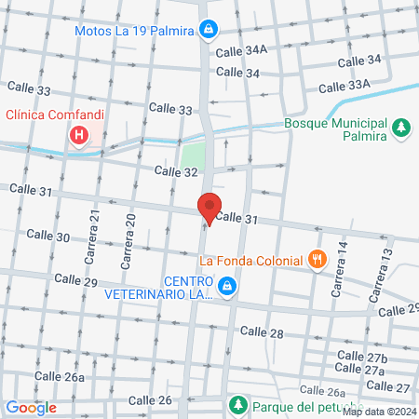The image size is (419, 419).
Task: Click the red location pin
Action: click(x=209, y=209)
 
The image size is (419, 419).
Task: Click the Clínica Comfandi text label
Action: click(x=55, y=115)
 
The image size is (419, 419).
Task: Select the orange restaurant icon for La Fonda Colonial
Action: click(x=318, y=260)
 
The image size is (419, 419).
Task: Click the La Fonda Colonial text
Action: click(x=252, y=260)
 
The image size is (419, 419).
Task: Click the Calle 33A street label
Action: click(x=345, y=86)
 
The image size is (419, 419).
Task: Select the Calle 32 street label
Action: click(x=176, y=171)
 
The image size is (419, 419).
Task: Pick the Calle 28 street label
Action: click(x=262, y=332)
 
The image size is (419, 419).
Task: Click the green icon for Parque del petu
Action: click(x=238, y=406)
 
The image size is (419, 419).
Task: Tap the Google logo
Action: click(x=31, y=407)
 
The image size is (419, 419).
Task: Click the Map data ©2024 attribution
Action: click(x=378, y=412)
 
